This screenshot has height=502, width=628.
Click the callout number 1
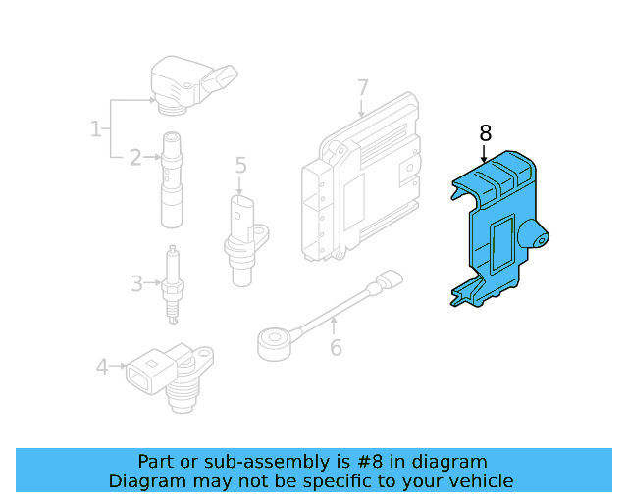click(x=96, y=128)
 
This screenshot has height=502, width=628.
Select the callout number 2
click(x=135, y=155)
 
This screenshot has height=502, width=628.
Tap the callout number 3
click(x=136, y=284)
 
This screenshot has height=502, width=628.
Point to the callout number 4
click(x=101, y=367)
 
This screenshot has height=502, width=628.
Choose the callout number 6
click(x=336, y=346)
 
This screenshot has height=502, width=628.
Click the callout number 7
click(x=362, y=88)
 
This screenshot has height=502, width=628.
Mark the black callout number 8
click(x=485, y=133)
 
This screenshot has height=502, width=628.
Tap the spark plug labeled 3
click(x=174, y=283)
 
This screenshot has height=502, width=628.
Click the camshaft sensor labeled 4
click(x=167, y=373)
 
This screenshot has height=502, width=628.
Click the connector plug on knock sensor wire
click(x=391, y=280)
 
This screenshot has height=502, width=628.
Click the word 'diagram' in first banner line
click(x=450, y=461)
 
